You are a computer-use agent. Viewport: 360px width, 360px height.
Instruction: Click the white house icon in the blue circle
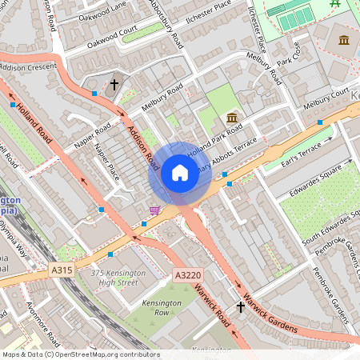click(180, 173)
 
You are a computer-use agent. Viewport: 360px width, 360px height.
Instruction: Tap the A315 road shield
click(62, 270)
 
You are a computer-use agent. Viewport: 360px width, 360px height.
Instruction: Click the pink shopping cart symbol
click(154, 210)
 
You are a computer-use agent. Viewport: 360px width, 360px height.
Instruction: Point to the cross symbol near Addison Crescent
click(114, 83)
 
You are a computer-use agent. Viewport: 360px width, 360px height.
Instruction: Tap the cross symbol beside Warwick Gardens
click(241, 306)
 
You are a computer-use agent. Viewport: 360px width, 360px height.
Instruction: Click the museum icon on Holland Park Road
click(232, 118)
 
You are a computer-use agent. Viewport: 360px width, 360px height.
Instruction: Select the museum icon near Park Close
click(345, 40)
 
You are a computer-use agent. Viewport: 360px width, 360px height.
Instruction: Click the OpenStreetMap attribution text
click(80, 354)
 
